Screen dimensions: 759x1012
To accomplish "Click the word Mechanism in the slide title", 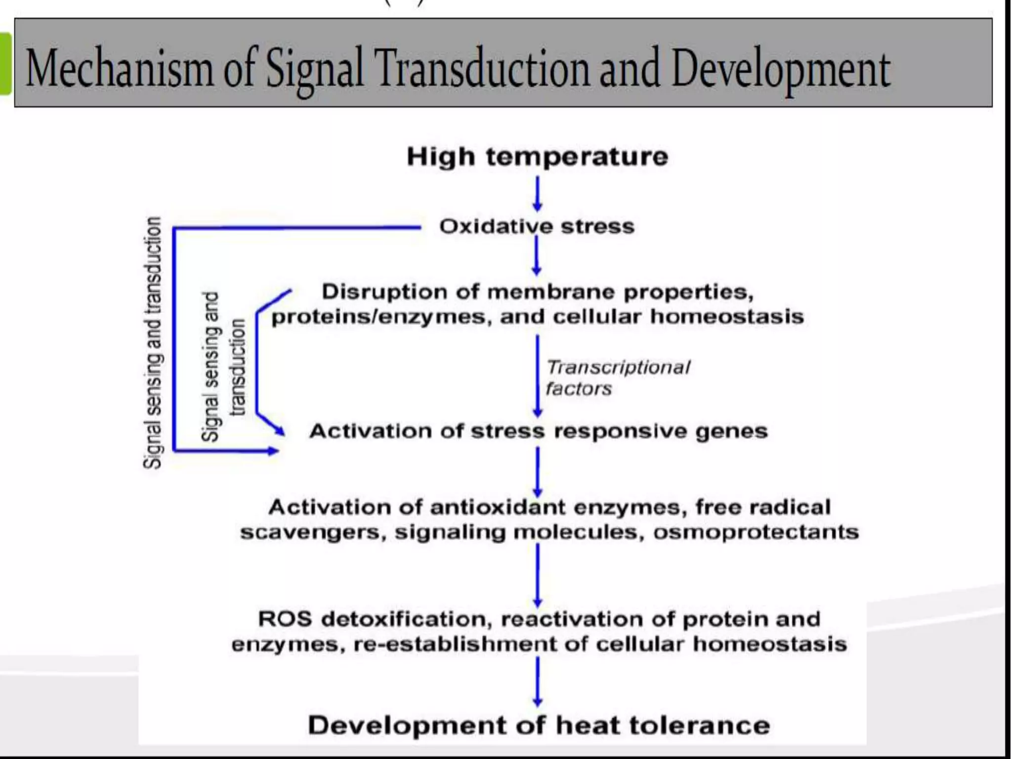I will pyautogui.click(x=119, y=69).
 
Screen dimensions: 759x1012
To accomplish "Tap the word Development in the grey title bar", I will pyautogui.click(x=781, y=69).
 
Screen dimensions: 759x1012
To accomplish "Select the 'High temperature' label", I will pyautogui.click(x=537, y=157).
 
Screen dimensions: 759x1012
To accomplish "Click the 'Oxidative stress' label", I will pyautogui.click(x=537, y=227).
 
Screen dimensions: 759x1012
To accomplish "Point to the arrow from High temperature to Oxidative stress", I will pyautogui.click(x=538, y=194).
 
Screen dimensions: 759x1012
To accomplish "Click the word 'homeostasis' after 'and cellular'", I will pyautogui.click(x=726, y=317).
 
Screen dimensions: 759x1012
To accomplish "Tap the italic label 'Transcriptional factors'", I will pyautogui.click(x=618, y=378).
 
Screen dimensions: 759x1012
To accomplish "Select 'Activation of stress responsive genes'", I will pyautogui.click(x=538, y=431).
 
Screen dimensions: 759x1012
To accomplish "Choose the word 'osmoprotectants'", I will pyautogui.click(x=756, y=533).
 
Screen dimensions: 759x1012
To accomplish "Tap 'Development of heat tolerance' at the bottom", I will pyautogui.click(x=539, y=725).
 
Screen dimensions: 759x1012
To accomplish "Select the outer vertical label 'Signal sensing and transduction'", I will pyautogui.click(x=152, y=342).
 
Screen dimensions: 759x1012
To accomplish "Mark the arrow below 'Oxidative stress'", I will pyautogui.click(x=537, y=255).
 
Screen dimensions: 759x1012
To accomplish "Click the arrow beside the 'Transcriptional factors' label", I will pyautogui.click(x=538, y=376).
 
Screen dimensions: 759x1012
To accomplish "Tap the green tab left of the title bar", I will pyautogui.click(x=5, y=63).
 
